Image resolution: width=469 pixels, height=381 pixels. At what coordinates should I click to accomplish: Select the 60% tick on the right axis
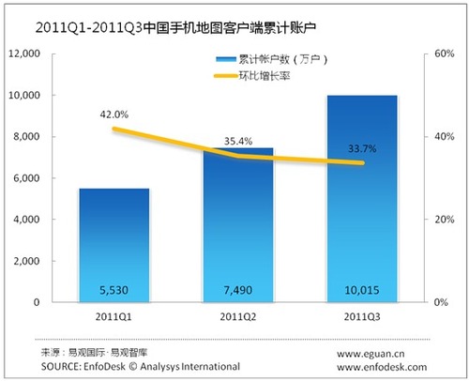pos(441,54)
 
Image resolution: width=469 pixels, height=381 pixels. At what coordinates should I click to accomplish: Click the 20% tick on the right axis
pos(441,220)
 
